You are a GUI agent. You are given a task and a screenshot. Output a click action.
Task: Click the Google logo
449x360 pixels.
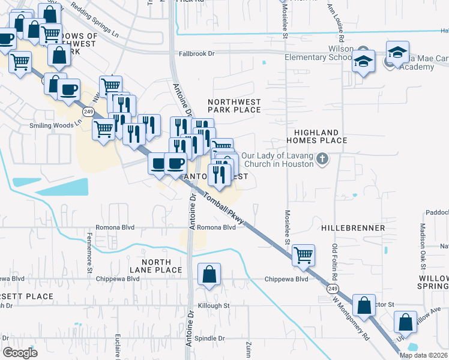[20, 353]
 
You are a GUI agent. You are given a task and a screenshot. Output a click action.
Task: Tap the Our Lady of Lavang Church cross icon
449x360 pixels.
[323, 159]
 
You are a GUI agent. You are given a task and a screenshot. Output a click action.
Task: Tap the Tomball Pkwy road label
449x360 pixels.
[223, 209]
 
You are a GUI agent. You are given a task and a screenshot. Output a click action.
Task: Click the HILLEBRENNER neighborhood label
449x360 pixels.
[353, 229]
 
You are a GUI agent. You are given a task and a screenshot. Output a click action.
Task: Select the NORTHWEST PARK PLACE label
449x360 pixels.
[234, 106]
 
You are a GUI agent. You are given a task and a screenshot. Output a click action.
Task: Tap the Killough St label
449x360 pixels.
[215, 305]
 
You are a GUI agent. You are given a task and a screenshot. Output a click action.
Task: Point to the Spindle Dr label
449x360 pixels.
[212, 338]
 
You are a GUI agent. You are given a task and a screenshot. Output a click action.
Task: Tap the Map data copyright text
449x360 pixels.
[423, 355]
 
